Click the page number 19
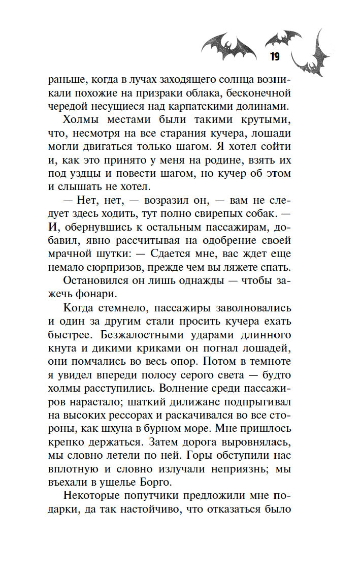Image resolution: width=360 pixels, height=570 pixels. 275,56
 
